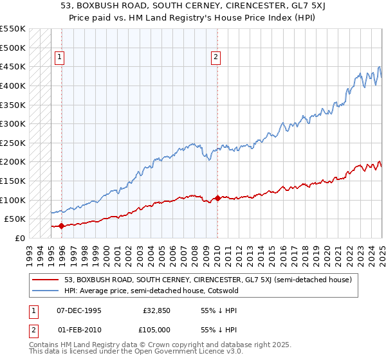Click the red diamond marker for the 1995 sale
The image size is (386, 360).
click(x=61, y=226)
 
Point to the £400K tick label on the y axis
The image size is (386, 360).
click(x=12, y=85)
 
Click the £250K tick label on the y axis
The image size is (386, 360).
click(x=12, y=143)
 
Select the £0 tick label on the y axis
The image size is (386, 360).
click(x=20, y=238)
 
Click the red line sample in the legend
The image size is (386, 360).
click(x=46, y=280)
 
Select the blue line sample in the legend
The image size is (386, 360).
click(x=46, y=291)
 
